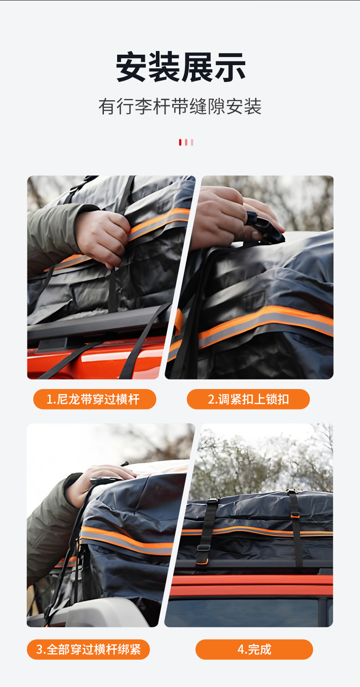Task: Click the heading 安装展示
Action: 180,67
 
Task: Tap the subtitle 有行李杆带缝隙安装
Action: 180,107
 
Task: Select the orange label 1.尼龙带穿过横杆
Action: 94,400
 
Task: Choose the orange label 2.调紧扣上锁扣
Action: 248,400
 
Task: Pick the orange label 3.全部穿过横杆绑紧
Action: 88,649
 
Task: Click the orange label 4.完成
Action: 254,649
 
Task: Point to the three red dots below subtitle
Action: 186,142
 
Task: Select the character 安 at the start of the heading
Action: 132,67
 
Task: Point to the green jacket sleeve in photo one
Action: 50,232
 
